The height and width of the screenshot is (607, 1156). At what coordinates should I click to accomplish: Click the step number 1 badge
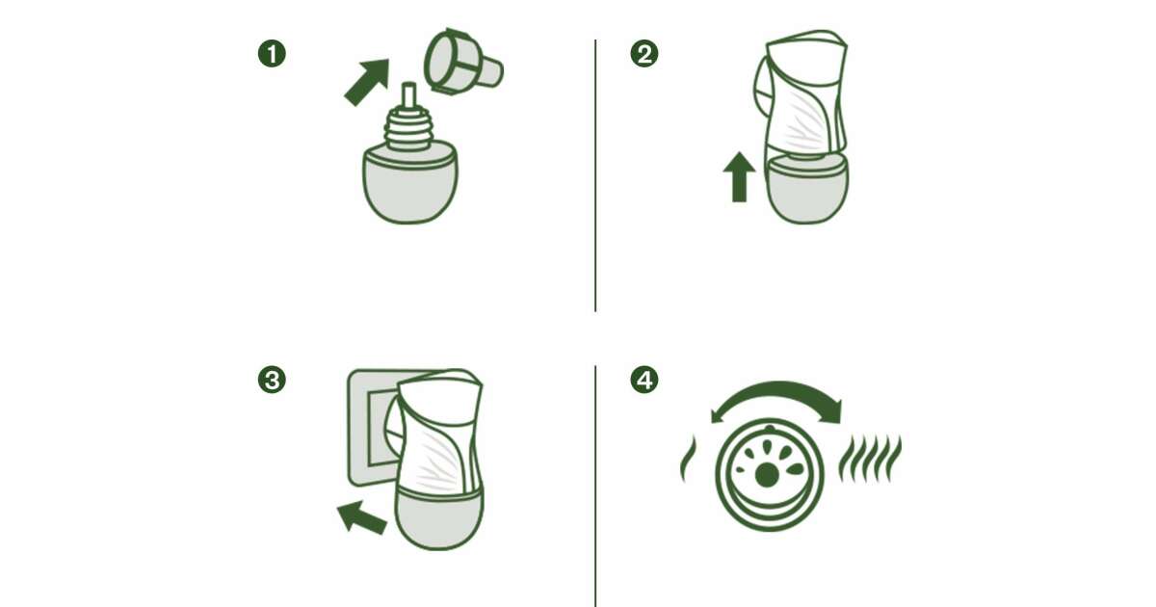[x=272, y=54]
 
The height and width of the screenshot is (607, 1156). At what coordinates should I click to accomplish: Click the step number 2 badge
[x=644, y=54]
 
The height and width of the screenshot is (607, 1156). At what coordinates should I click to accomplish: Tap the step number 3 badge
[x=272, y=380]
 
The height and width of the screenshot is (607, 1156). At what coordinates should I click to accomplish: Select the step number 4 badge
[x=644, y=380]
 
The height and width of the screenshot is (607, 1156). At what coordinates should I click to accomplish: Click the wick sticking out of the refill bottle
[x=409, y=95]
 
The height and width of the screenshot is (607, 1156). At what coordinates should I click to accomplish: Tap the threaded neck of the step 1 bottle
[x=408, y=129]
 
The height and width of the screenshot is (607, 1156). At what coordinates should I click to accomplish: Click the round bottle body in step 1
[x=409, y=185]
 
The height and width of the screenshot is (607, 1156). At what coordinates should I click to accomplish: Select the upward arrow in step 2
[x=740, y=177]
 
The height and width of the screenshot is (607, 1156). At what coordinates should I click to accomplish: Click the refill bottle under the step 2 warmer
[x=807, y=190]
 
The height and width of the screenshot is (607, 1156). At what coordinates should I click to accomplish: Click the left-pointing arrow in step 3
[x=362, y=516]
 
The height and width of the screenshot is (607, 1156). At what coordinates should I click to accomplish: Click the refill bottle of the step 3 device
[x=438, y=520]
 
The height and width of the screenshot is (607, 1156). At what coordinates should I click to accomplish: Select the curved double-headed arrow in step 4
[x=777, y=388]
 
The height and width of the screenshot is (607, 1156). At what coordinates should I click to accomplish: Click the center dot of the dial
[x=767, y=475]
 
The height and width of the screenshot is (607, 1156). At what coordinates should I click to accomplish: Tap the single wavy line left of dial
[x=689, y=459]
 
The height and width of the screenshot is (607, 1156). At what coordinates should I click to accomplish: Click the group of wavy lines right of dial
[x=870, y=459]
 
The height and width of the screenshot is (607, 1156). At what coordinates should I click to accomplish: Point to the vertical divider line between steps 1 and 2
[x=595, y=175]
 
